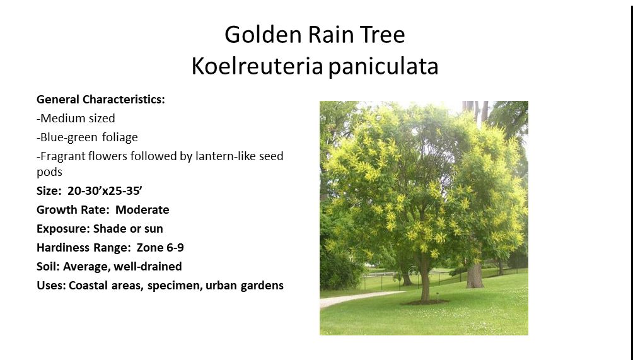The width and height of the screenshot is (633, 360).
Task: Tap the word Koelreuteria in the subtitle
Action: (257, 66)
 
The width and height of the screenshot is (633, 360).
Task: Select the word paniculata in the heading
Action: (383, 67)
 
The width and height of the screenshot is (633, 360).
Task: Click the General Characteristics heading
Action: (100, 99)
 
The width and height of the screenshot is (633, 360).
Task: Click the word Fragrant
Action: (63, 156)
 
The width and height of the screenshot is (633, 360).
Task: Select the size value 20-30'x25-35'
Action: (105, 191)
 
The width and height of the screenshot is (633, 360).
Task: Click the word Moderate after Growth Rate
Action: (142, 210)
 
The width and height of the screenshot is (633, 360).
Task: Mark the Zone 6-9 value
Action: (160, 247)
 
